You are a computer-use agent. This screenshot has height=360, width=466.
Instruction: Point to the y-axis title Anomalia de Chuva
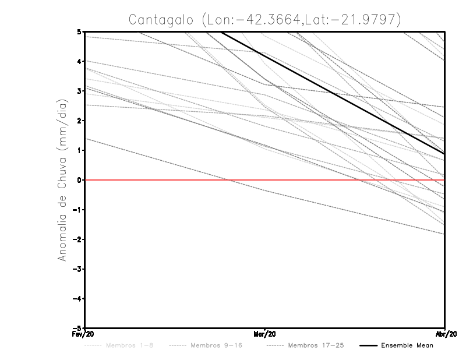coord(62,179)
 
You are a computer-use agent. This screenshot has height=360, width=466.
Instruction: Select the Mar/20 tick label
coord(265,334)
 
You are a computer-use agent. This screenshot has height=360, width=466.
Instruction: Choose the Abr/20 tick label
coord(445,334)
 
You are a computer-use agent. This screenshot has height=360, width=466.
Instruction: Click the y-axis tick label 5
coord(79,31)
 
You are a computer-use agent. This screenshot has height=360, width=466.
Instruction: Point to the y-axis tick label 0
coord(79,180)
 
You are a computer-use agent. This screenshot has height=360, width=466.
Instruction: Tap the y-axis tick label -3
coord(77,269)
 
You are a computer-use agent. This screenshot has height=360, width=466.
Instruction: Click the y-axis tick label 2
coord(79,121)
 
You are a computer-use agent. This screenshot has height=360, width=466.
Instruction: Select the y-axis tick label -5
coord(77,328)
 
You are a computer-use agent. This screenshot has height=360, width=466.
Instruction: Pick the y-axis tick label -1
coord(77,210)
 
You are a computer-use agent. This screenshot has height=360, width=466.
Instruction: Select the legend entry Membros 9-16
coord(215,345)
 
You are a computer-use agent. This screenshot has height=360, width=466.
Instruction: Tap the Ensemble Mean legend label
coord(407,345)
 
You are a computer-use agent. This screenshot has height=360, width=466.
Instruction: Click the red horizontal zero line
coord(175,180)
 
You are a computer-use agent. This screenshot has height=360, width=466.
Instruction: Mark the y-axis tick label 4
coord(79,61)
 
